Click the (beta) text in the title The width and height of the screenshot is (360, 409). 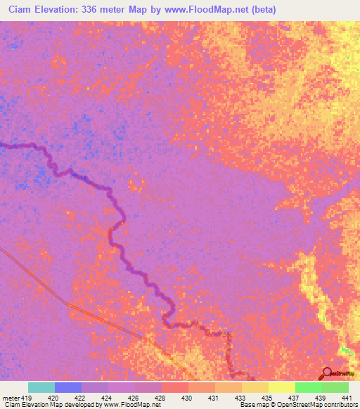coord(262,10)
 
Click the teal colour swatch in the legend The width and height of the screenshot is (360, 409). coord(41,387)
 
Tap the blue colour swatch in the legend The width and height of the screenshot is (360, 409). coord(67,387)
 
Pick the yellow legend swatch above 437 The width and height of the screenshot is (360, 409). coord(281,387)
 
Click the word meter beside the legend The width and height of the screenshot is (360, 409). coord(11,397)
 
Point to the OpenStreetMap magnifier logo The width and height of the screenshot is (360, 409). coord(326,373)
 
